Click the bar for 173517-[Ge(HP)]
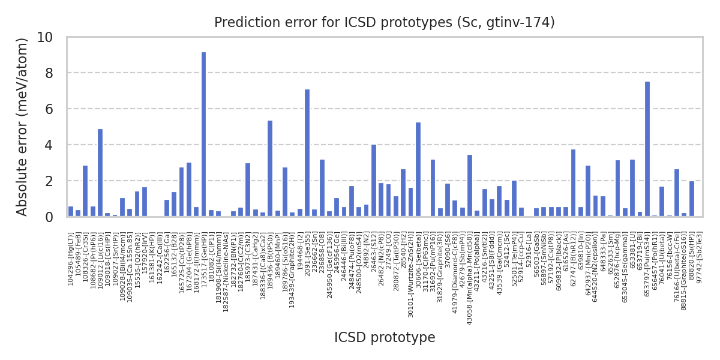[x=203, y=134]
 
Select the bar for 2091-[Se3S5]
[x=307, y=153]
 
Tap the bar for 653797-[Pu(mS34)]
[x=647, y=149]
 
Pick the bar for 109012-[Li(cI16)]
[x=100, y=173]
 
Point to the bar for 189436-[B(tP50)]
[x=270, y=169]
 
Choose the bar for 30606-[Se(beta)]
[x=418, y=170]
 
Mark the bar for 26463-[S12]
[x=374, y=181]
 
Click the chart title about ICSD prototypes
[x=384, y=23]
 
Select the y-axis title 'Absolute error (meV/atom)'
[x=22, y=127]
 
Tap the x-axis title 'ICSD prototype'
[x=385, y=338]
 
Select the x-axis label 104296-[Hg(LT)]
[x=71, y=259]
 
